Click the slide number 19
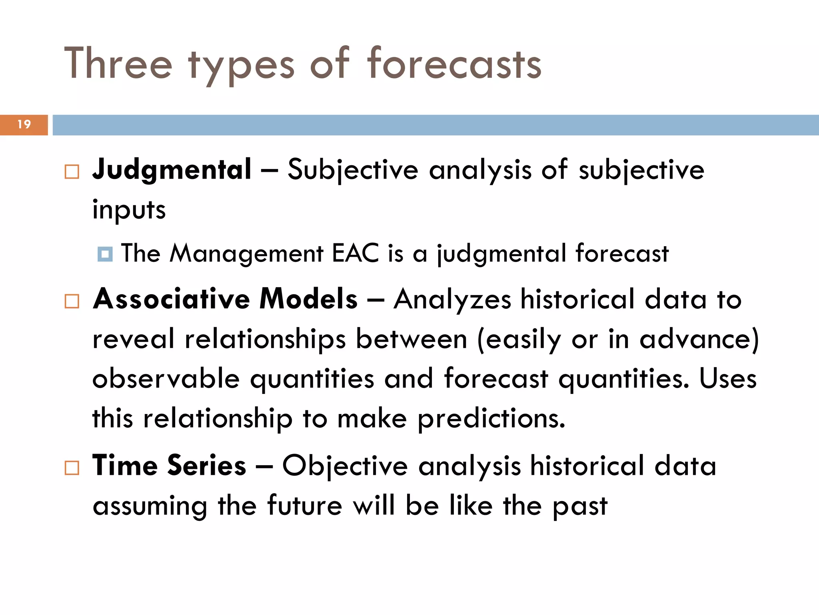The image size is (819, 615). pyautogui.click(x=24, y=125)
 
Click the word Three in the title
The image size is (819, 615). pyautogui.click(x=118, y=64)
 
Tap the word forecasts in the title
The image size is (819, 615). pyautogui.click(x=454, y=64)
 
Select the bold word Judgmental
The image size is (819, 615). pyautogui.click(x=172, y=170)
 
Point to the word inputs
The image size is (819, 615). pyautogui.click(x=129, y=210)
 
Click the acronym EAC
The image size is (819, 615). pyautogui.click(x=355, y=253)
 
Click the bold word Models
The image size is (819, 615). pyautogui.click(x=308, y=299)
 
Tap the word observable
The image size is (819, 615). pyautogui.click(x=166, y=378)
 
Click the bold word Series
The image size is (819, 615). pyautogui.click(x=206, y=466)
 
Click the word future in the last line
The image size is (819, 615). pyautogui.click(x=305, y=505)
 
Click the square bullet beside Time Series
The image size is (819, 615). pyautogui.click(x=72, y=468)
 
